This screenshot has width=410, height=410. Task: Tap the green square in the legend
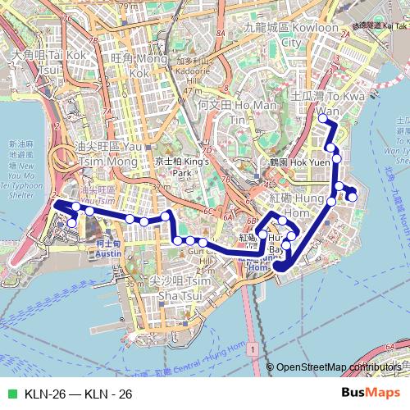[x=10, y=394]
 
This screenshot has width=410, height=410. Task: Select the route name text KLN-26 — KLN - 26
[x=79, y=394]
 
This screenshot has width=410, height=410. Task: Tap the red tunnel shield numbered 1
[x=256, y=350]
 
